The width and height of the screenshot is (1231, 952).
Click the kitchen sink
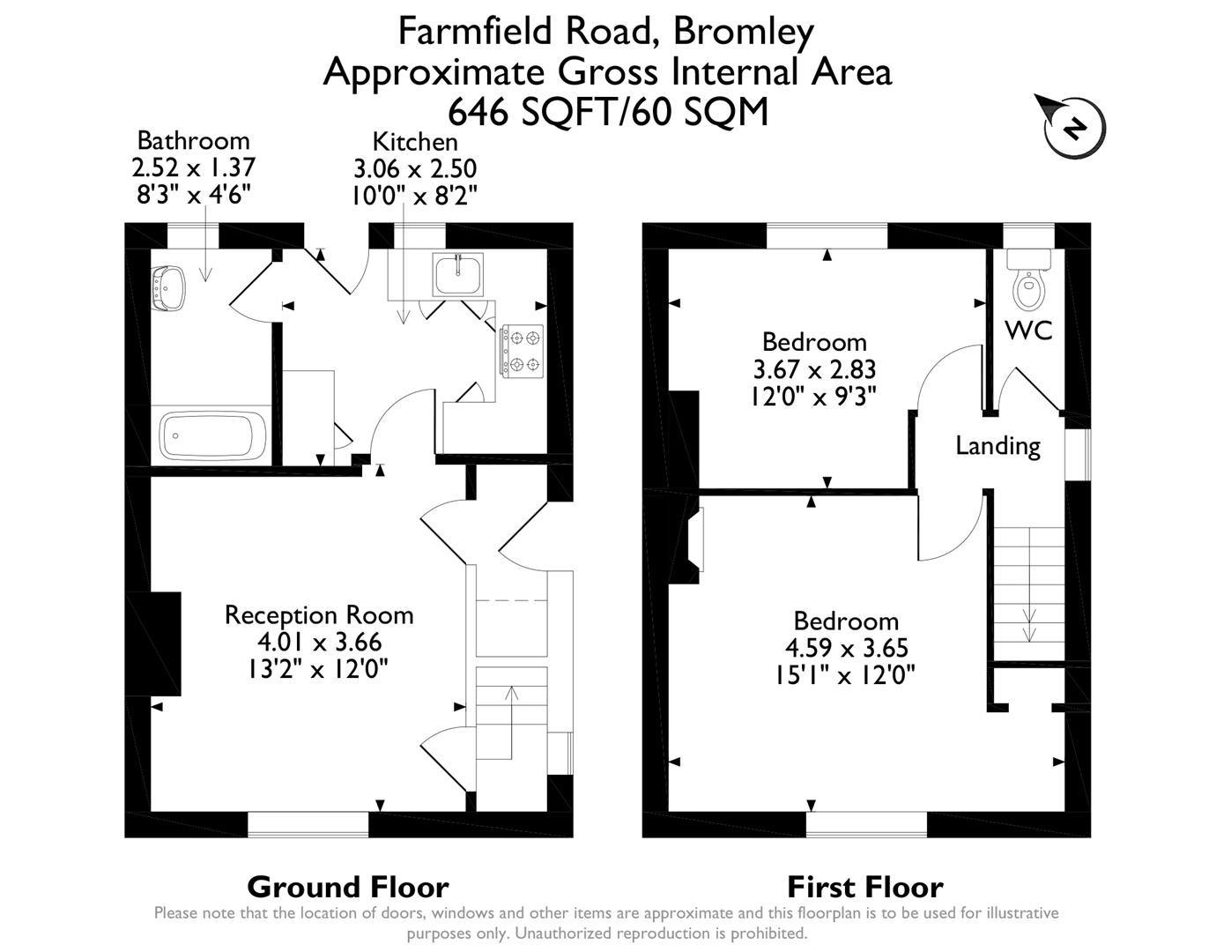click(x=458, y=274)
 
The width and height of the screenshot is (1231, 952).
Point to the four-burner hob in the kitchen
click(x=523, y=351)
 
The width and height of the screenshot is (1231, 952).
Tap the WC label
click(x=1028, y=331)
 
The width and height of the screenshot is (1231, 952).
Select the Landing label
click(x=997, y=446)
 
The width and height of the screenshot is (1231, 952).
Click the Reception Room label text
click(x=318, y=614)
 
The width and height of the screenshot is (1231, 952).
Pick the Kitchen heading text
click(x=414, y=141)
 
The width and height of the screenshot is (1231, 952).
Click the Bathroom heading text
click(x=193, y=140)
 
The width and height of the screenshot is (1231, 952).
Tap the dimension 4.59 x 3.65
click(x=846, y=648)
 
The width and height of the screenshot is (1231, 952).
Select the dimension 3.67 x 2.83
click(x=813, y=368)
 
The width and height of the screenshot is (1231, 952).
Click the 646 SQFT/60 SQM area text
click(x=608, y=112)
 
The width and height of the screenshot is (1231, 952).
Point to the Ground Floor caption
click(x=347, y=886)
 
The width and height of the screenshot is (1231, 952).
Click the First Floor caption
click(x=864, y=886)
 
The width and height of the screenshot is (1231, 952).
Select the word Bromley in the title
click(x=743, y=32)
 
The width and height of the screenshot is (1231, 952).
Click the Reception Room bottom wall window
click(x=308, y=824)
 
